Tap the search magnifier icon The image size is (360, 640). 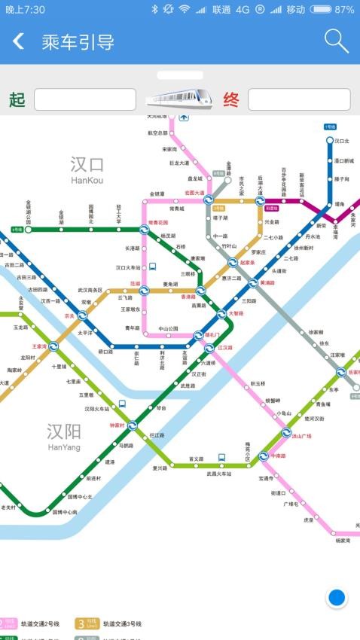tap(336, 41)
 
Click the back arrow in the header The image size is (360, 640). tap(19, 41)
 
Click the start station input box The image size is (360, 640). tap(84, 99)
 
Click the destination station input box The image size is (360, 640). tap(299, 99)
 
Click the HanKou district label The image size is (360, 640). tap(87, 170)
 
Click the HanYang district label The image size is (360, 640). tap(63, 436)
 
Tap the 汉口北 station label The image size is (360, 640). tap(342, 141)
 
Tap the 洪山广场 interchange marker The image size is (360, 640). tap(286, 433)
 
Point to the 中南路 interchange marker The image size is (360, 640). tap(263, 456)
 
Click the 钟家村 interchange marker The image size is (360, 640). tap(132, 425)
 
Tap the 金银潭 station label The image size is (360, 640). tap(157, 194)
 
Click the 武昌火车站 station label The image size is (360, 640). tap(221, 474)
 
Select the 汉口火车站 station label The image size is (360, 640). tap(128, 267)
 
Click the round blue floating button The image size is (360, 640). tap(337, 598)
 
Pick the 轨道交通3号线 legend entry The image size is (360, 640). tap(110, 623)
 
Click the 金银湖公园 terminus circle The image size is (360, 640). tap(28, 230)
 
